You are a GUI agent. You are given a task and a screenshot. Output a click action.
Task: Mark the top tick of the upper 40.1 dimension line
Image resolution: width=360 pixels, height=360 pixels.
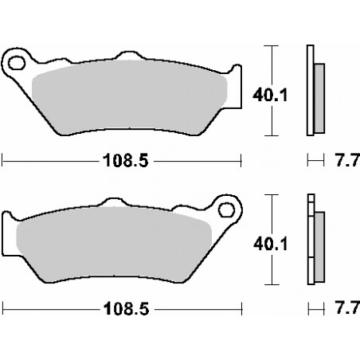(x=273, y=47)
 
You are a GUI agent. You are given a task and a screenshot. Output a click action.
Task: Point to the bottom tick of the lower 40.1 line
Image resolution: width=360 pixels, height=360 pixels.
(x=273, y=284)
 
